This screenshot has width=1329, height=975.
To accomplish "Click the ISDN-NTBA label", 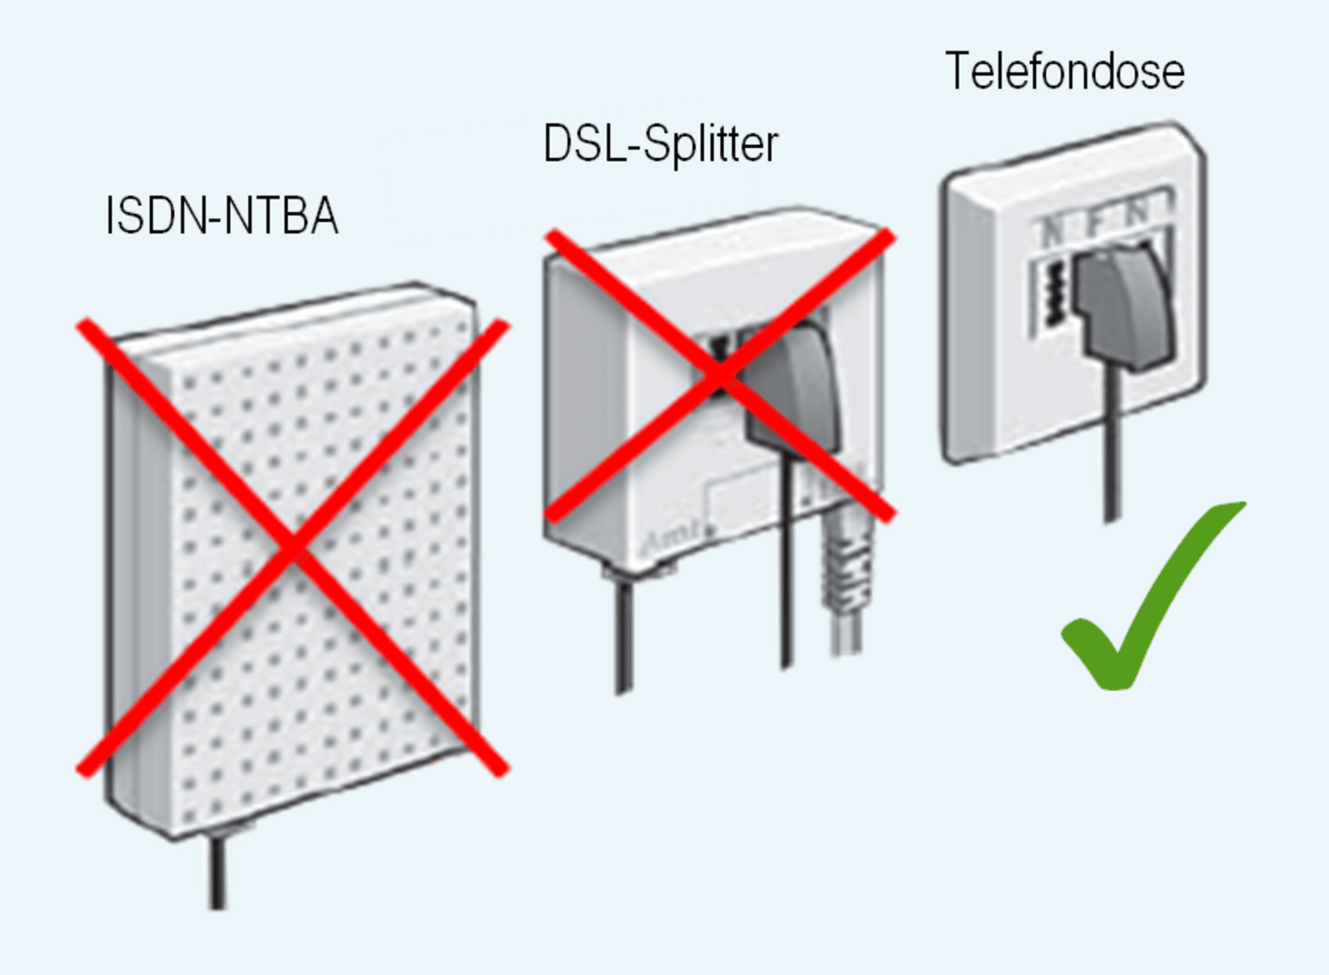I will pyautogui.click(x=222, y=216).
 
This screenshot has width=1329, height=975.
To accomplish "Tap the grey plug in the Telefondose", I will pyautogui.click(x=1119, y=307).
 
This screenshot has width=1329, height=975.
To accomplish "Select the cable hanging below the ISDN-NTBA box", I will pyautogui.click(x=218, y=874).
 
